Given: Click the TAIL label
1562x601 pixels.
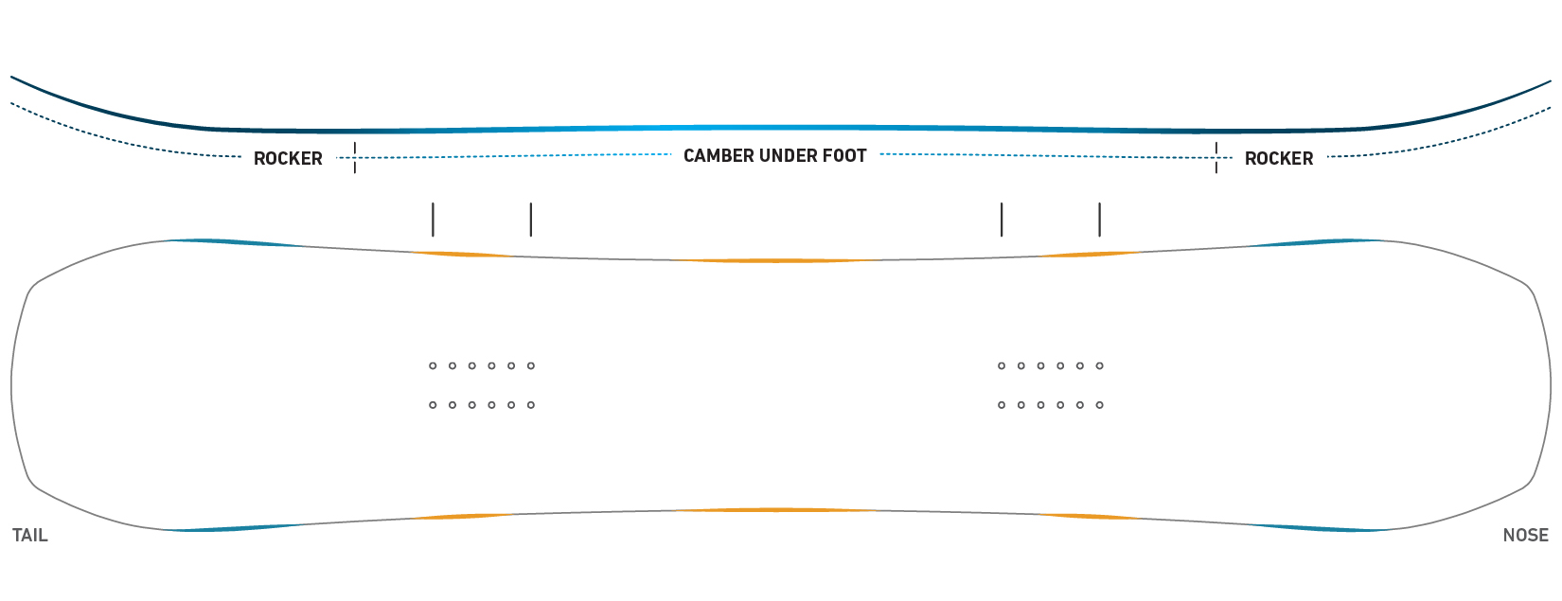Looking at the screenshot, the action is (30, 536).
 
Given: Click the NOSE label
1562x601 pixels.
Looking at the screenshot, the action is (1526, 536).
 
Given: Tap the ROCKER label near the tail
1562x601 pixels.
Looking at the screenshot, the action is (288, 159).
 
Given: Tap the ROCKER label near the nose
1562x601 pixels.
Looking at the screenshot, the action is (1279, 159).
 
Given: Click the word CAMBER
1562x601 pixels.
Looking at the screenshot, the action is (719, 156).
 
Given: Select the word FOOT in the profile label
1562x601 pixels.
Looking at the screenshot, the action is (847, 156).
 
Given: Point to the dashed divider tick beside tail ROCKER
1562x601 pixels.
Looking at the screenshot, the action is (355, 157).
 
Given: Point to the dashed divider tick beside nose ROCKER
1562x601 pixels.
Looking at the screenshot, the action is (1216, 157).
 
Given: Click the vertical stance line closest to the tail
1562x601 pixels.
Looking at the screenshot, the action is (433, 220).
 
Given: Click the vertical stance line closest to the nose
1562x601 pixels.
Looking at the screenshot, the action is (1100, 220).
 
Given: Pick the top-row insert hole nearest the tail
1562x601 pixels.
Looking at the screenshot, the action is (433, 366).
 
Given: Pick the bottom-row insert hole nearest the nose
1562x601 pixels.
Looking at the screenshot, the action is (1100, 405).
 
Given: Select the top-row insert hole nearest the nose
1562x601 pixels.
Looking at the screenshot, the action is (1100, 366).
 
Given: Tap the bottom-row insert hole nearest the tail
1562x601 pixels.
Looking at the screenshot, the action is (433, 405).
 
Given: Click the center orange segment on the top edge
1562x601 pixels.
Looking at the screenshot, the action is (776, 261).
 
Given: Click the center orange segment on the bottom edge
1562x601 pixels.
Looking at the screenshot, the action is (776, 510).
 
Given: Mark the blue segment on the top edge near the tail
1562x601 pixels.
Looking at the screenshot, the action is (237, 242).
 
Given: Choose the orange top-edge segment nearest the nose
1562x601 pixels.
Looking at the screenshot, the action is (1088, 255).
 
